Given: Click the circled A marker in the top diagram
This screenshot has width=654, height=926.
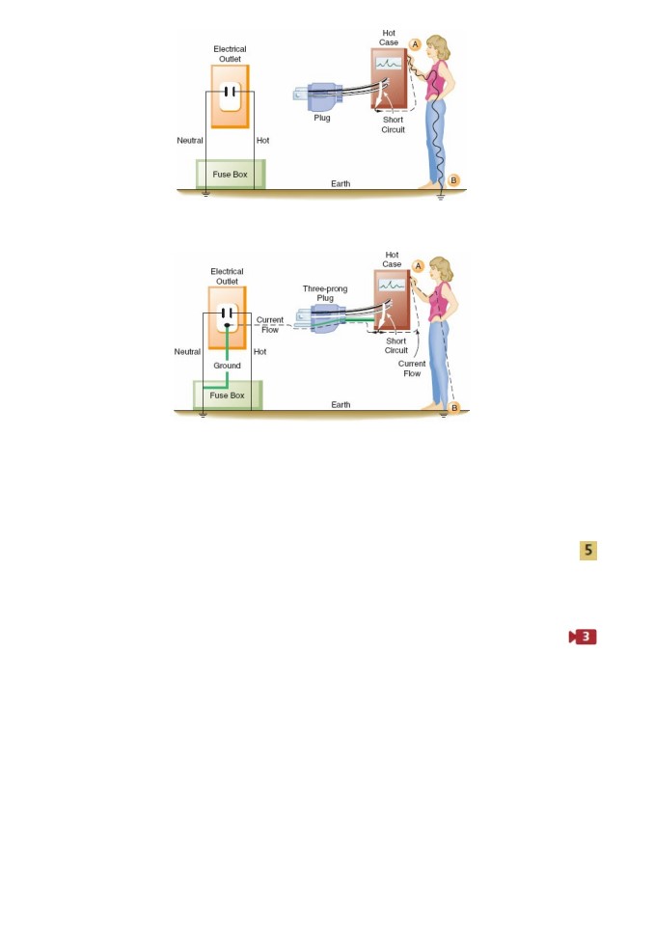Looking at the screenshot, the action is point(416,44).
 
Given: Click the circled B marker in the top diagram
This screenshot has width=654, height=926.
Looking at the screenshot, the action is point(453,180).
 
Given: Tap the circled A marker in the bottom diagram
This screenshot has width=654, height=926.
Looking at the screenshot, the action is point(419,266).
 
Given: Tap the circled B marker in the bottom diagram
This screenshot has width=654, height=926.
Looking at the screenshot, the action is point(454,407).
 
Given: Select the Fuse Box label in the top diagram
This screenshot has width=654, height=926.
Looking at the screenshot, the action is point(230,175).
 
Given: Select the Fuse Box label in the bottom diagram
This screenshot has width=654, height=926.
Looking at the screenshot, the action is point(227,395).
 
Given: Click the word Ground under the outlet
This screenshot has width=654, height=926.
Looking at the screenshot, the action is point(227,366).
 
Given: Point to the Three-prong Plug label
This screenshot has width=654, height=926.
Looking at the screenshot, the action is point(325,293).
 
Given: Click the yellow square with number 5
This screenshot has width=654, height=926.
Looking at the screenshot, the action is point(587,551).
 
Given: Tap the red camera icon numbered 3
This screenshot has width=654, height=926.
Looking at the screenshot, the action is point(583,637).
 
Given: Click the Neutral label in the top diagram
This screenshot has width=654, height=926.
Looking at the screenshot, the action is point(190,141).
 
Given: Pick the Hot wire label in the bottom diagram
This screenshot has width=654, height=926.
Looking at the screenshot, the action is point(259,351).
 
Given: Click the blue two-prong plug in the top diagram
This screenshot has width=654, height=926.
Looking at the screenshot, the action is point(318,94).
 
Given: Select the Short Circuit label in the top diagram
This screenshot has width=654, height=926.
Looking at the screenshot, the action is point(393,124).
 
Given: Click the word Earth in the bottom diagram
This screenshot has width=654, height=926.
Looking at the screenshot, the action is point(341,404).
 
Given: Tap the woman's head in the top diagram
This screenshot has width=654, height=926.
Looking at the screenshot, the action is point(438,47).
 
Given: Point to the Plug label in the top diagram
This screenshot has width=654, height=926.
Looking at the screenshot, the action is point(322,118).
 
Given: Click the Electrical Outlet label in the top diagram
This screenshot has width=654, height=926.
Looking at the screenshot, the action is point(230,54).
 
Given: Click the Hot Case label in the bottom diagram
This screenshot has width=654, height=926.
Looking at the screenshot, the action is point(392,259).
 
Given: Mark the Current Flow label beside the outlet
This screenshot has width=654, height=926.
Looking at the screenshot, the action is point(270,325).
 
